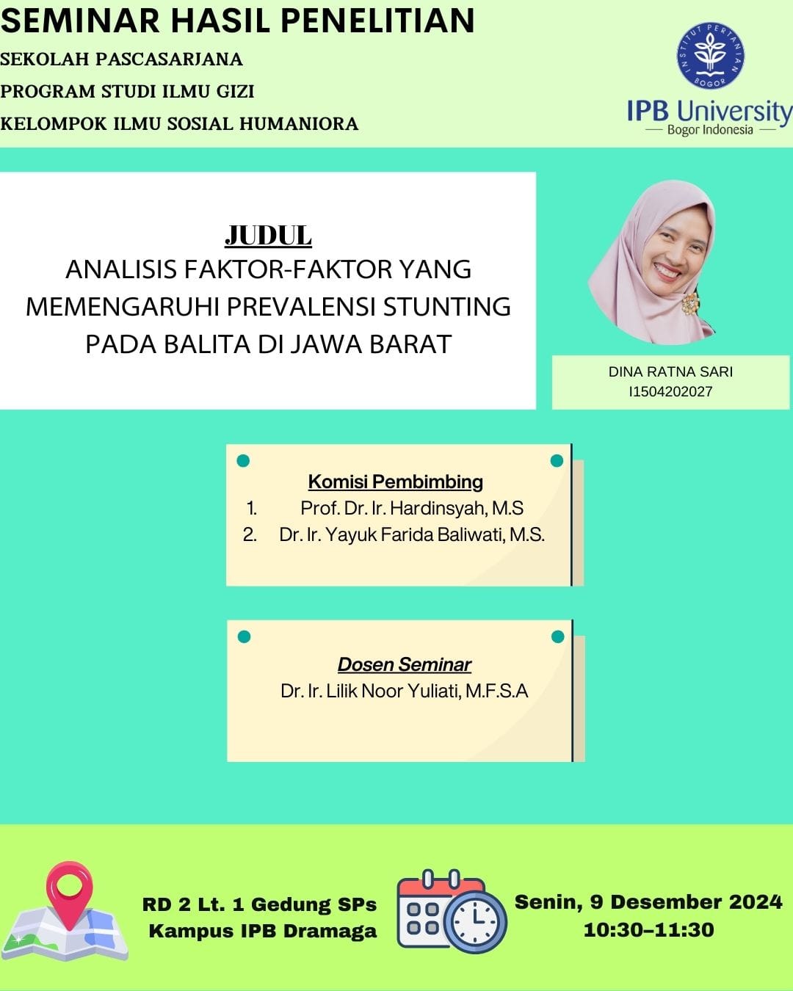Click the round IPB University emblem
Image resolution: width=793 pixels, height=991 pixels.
[710, 56]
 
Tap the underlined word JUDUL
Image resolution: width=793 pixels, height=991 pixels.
[268, 236]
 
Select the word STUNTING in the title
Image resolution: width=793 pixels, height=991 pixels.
[447, 307]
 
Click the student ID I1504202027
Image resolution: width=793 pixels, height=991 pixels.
[670, 391]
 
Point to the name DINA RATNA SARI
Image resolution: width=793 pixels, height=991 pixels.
[670, 371]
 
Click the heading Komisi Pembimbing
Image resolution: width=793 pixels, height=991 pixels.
[395, 482]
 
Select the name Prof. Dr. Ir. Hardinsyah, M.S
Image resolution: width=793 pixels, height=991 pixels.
[412, 509]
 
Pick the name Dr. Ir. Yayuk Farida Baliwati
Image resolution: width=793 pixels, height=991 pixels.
[394, 535]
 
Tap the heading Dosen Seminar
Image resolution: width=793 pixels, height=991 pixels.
[404, 664]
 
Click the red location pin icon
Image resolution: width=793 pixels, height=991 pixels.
[69, 895]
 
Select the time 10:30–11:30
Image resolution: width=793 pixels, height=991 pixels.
[649, 930]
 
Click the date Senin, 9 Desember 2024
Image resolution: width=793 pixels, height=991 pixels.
[649, 902]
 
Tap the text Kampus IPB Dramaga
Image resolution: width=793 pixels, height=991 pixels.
[263, 931]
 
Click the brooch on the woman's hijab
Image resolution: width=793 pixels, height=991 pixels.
[690, 303]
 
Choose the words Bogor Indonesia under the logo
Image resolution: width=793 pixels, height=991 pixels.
[710, 130]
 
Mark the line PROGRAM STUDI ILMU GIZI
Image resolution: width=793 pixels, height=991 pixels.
[127, 91]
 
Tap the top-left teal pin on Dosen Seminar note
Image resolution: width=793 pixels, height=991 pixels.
[244, 637]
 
